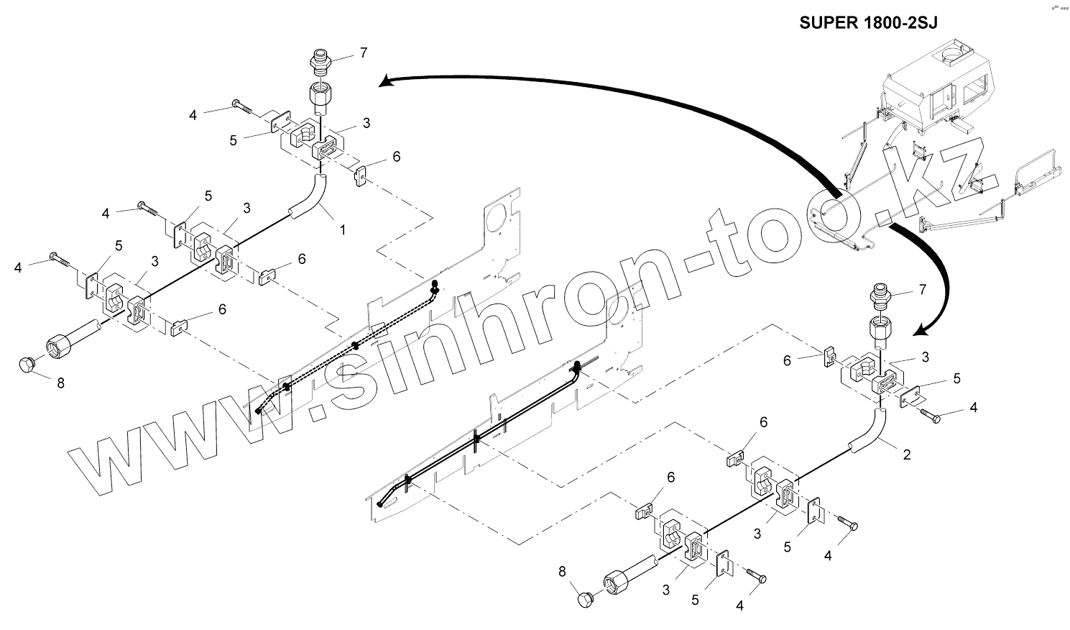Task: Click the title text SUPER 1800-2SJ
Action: point(869,22)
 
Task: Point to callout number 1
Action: point(343,230)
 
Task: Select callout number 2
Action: point(907,455)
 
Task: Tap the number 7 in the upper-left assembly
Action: point(364,52)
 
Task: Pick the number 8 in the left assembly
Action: point(60,383)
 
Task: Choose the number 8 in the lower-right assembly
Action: point(563,571)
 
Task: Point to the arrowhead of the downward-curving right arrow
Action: point(921,331)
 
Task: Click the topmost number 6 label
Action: point(396,157)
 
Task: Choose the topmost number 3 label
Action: point(366,123)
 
